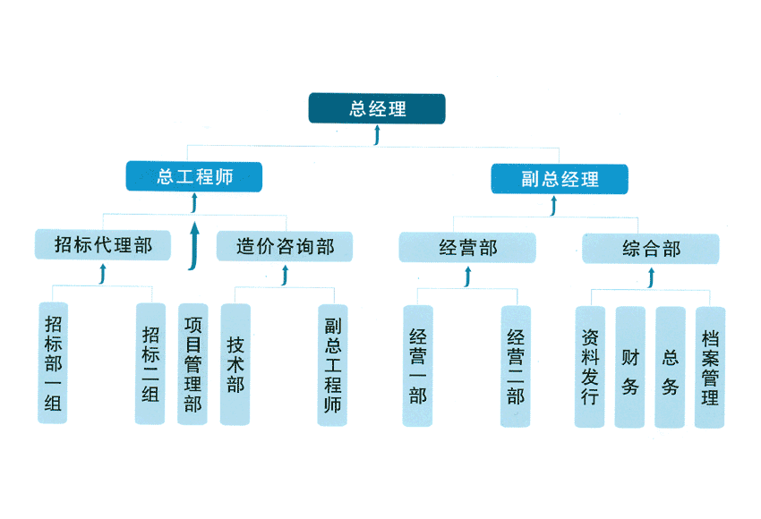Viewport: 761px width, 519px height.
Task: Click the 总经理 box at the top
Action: [x=377, y=108]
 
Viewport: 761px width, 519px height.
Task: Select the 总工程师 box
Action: [x=194, y=176]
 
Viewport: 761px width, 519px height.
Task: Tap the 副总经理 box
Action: [x=560, y=179]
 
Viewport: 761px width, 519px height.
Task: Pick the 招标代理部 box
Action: [x=103, y=244]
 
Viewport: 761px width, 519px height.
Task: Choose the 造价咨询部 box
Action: [x=285, y=246]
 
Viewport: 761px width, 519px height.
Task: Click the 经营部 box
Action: [x=467, y=248]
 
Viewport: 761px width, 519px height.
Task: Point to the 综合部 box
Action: [x=651, y=249]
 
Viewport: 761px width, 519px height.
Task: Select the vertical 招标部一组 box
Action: [x=53, y=362]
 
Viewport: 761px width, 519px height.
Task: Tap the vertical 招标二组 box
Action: [x=150, y=363]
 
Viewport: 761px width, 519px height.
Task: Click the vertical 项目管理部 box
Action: [x=192, y=363]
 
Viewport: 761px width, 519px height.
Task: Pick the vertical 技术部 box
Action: [x=235, y=363]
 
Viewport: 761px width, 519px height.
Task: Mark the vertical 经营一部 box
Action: [x=418, y=366]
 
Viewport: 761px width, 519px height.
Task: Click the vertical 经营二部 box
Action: [x=516, y=366]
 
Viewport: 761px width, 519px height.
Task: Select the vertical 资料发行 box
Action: [x=589, y=367]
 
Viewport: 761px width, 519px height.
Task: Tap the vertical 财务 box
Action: [x=629, y=367]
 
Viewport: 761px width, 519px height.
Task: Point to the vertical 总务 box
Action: [x=671, y=367]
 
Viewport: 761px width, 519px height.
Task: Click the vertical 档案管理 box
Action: [x=710, y=367]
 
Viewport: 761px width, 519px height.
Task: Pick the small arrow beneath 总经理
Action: [x=377, y=134]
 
